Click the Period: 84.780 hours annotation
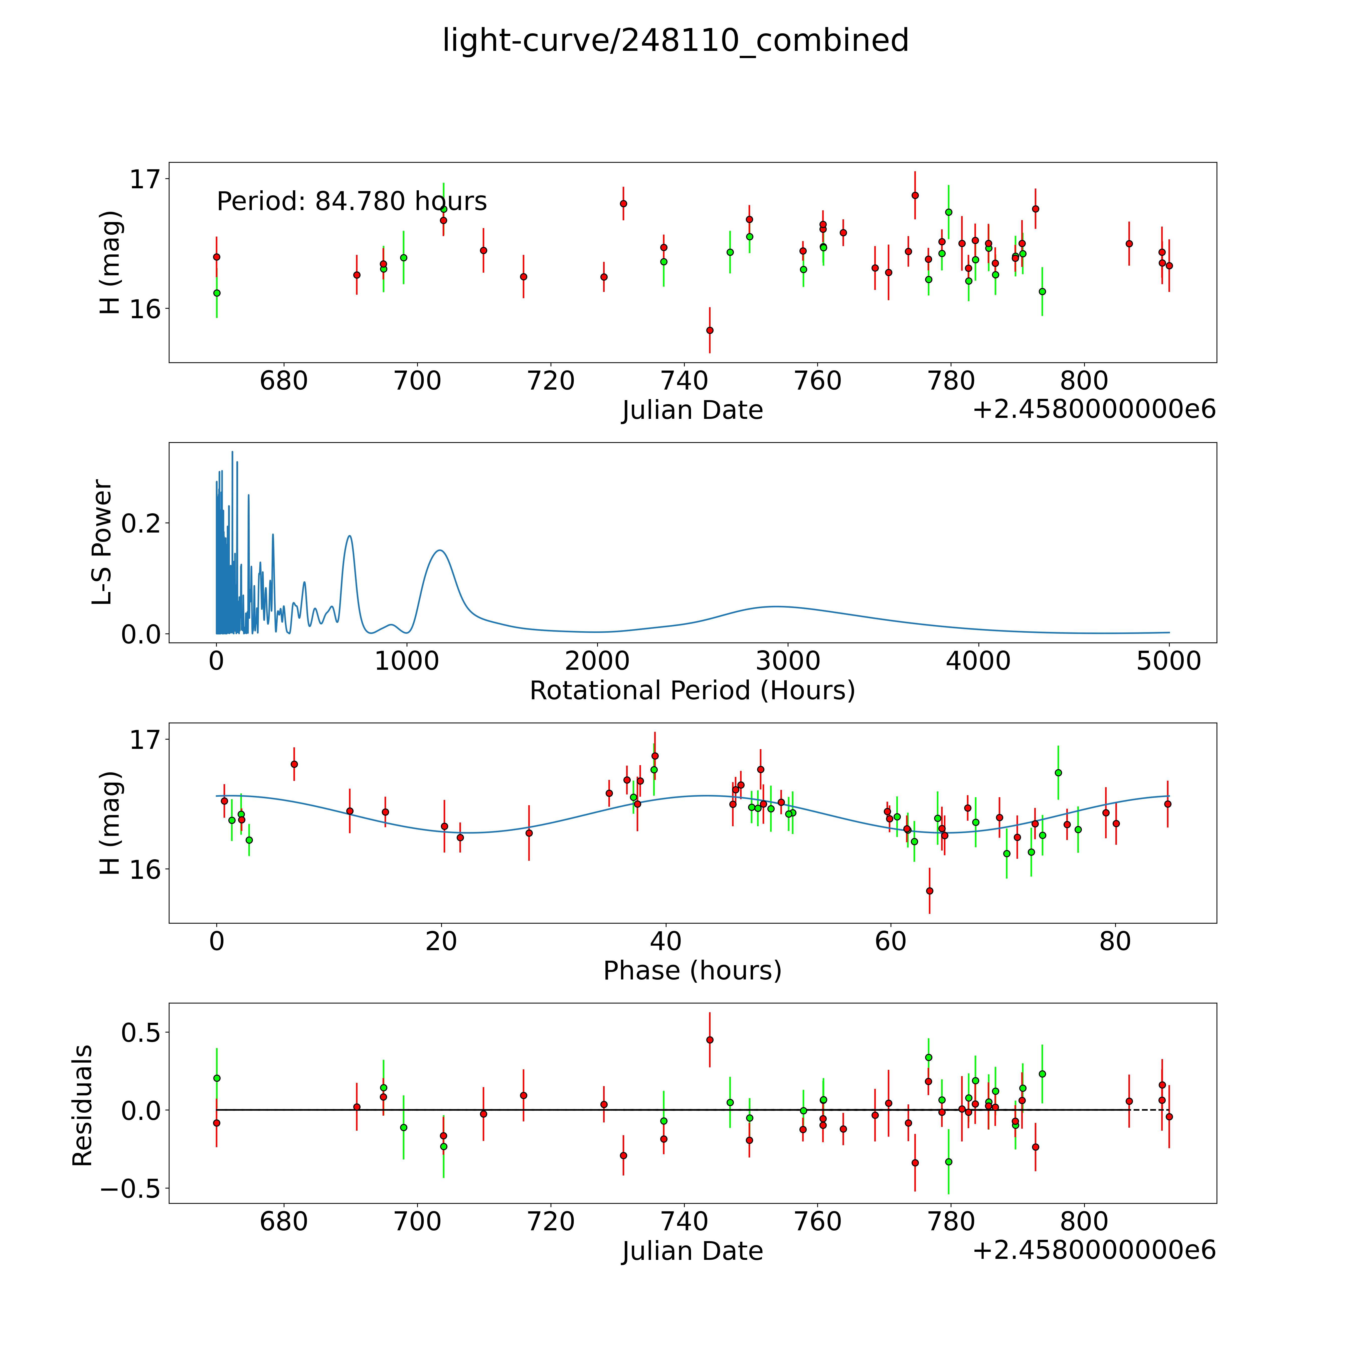351,202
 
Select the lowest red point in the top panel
710,330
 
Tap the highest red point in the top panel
915,195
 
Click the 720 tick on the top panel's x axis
551,381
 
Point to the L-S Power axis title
102,542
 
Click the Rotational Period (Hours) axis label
692,691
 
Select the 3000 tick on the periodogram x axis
788,661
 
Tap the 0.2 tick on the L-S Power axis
141,523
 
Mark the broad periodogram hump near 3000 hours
775,607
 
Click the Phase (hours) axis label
692,971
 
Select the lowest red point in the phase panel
929,891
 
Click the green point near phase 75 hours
1058,773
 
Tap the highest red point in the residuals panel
710,1040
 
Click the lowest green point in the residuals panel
948,1162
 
